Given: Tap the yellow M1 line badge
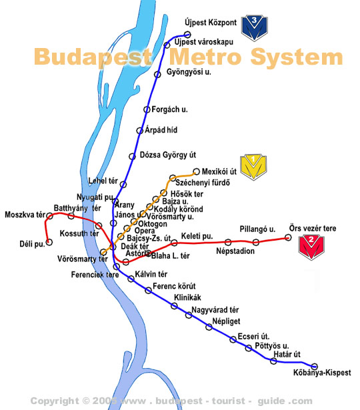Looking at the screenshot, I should [x=253, y=167].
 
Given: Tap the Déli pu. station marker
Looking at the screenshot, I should [x=48, y=242].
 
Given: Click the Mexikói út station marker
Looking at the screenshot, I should [x=196, y=171].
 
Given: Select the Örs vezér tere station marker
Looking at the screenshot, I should [x=289, y=237].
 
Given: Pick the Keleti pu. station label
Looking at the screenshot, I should [x=197, y=236].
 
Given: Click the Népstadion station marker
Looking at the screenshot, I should [x=228, y=243].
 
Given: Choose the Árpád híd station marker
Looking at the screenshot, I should [x=139, y=131].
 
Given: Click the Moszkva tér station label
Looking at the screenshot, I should [x=24, y=215].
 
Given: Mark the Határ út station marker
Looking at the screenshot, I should [x=273, y=361].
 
